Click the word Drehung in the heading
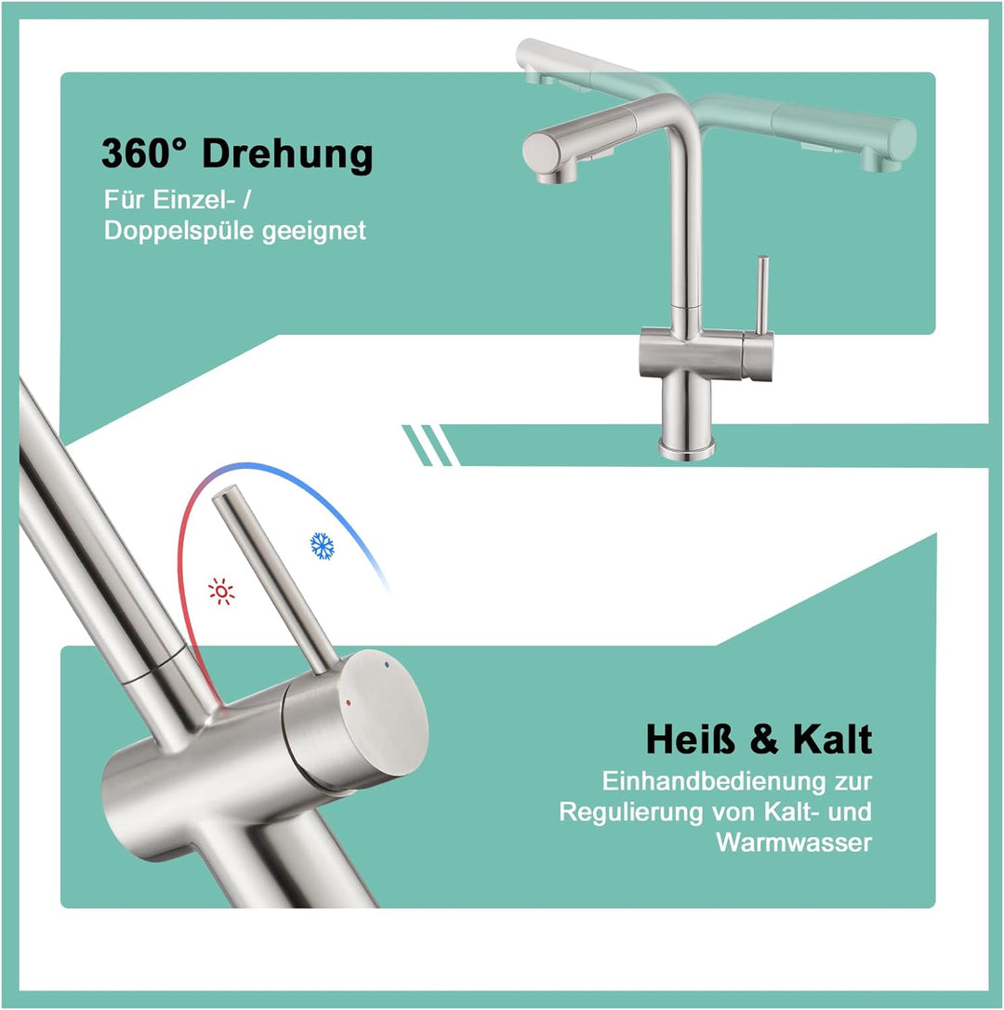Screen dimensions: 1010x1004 pos(287,153)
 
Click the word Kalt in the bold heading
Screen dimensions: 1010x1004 pos(832,740)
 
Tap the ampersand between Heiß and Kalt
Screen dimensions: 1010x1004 pos(763,741)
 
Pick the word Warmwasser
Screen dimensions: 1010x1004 pos(794,843)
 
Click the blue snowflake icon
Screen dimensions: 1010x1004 pos(323,545)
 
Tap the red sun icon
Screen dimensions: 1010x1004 pos(221,591)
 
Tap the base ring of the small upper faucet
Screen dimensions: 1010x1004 pos(687,450)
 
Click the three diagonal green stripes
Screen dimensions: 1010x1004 pos(429,445)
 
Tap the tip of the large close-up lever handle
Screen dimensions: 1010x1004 pos(228,500)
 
